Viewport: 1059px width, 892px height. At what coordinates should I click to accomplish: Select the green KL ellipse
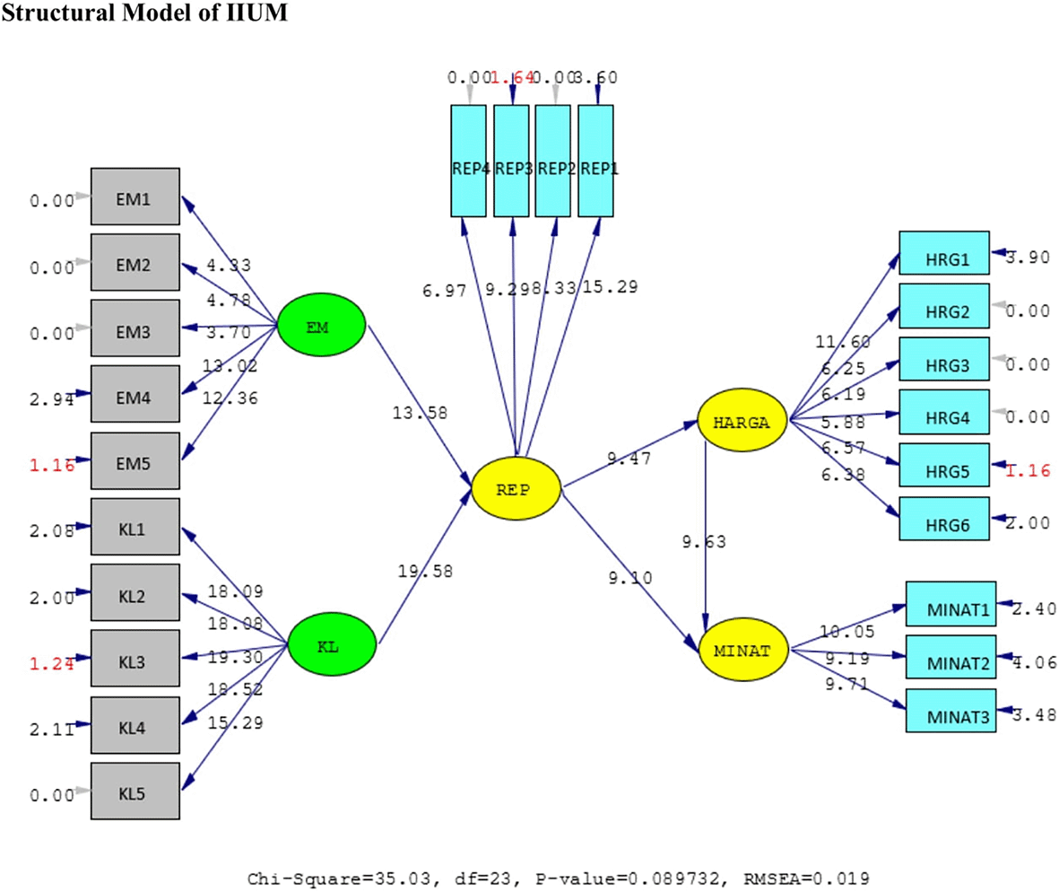point(332,644)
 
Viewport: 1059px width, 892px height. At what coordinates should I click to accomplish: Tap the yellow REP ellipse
point(516,489)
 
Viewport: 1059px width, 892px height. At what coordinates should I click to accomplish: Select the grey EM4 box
point(135,393)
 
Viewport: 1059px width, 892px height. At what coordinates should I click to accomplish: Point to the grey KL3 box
point(135,658)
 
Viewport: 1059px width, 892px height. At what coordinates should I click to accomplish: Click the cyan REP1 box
point(595,161)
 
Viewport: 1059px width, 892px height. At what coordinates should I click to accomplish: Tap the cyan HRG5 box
point(943,466)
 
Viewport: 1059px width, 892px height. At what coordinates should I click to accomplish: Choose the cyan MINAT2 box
point(950,662)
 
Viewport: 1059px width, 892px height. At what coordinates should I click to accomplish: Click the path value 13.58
point(419,413)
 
